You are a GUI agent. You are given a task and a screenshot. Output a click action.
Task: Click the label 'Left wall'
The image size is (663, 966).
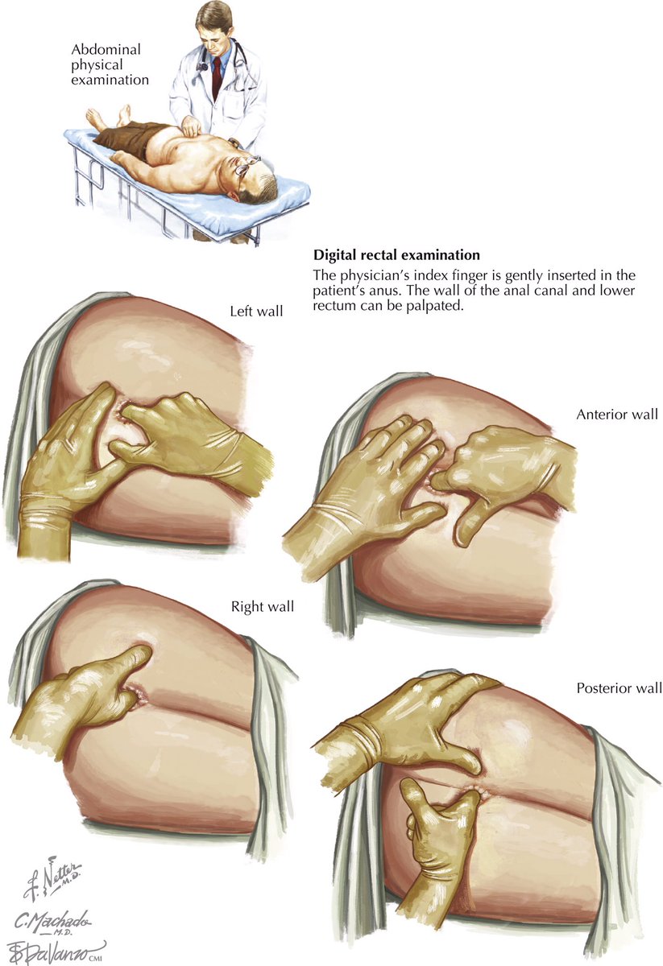[256, 311]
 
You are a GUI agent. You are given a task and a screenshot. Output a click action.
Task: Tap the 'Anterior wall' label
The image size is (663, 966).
[617, 415]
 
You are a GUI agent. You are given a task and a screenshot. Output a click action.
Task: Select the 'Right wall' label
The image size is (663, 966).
[262, 606]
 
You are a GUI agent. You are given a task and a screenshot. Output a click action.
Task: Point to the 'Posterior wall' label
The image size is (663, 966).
[619, 688]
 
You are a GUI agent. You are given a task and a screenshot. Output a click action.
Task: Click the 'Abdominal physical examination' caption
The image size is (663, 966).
[109, 64]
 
